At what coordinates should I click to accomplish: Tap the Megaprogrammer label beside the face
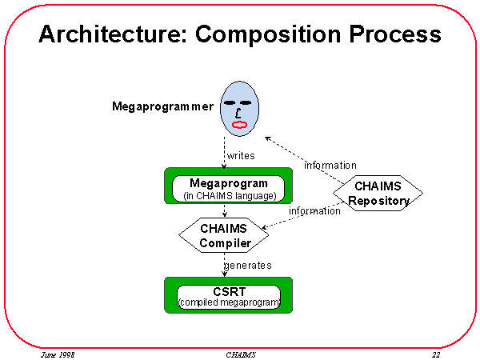(x=162, y=106)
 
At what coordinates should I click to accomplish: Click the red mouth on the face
(x=240, y=125)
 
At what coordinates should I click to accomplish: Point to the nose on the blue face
(x=239, y=114)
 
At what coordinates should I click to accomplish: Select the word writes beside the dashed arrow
(x=241, y=155)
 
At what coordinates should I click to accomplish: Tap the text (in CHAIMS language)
(x=229, y=195)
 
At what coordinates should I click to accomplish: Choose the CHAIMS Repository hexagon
(x=376, y=194)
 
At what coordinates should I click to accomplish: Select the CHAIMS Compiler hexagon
(x=225, y=236)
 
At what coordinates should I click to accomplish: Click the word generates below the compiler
(x=247, y=265)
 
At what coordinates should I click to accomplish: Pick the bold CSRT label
(x=228, y=290)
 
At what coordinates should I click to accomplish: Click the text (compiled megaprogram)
(x=229, y=302)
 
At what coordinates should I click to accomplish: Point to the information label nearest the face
(x=330, y=166)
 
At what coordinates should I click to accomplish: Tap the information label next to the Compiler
(x=314, y=211)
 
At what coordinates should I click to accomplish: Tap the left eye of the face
(x=230, y=103)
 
